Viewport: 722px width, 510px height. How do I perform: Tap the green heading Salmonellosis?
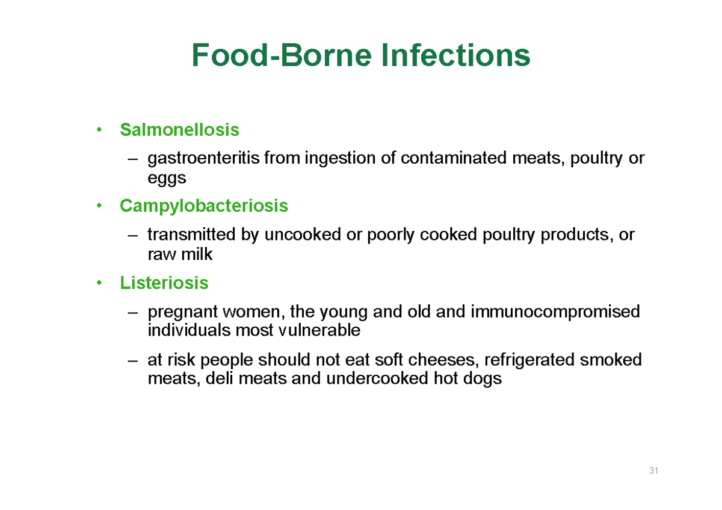(x=179, y=129)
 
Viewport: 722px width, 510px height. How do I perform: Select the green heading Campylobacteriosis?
(x=204, y=206)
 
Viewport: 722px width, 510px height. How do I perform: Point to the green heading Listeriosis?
(x=164, y=283)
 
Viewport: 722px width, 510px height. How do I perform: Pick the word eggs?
(x=167, y=179)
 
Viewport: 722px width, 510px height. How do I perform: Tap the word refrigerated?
(x=527, y=360)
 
